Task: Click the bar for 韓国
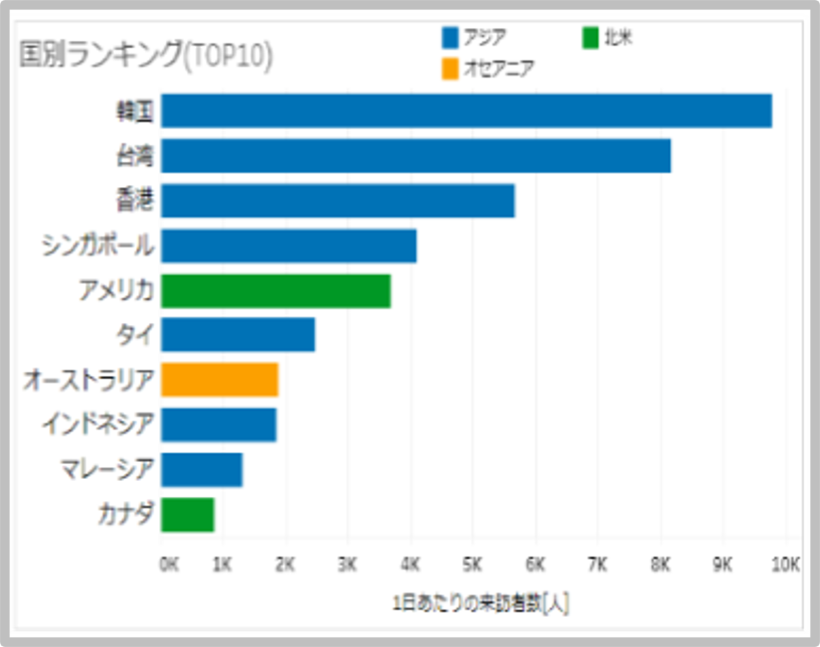click(x=467, y=111)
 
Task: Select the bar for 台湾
click(x=416, y=156)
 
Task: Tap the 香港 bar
click(x=338, y=201)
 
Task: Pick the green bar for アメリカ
click(x=276, y=291)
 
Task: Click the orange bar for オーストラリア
click(x=220, y=379)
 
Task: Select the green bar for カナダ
click(x=188, y=515)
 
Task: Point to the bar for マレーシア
click(x=202, y=470)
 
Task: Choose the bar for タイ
click(x=238, y=334)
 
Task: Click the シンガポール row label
click(x=97, y=246)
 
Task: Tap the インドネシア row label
click(x=97, y=425)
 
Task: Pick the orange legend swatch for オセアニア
click(x=450, y=70)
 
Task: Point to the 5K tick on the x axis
click(x=473, y=564)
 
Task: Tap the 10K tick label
click(x=785, y=564)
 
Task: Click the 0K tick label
click(x=169, y=564)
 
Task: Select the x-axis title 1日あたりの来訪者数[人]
click(x=481, y=604)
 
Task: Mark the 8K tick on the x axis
click(x=660, y=564)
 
